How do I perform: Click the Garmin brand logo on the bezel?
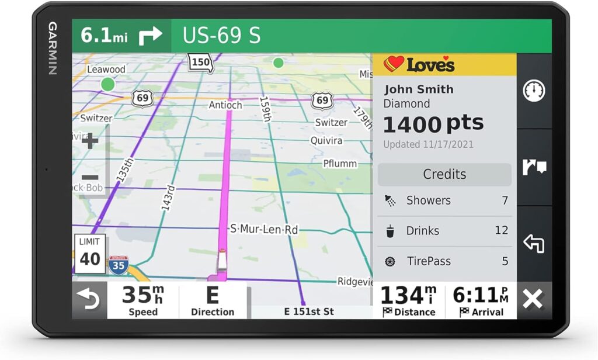[x=53, y=49]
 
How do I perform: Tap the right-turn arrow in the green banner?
[x=150, y=36]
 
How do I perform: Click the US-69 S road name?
[x=221, y=36]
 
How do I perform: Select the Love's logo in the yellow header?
[x=419, y=64]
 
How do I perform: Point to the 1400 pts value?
[x=433, y=123]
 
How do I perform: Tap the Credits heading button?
[x=444, y=174]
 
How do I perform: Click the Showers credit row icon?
[x=390, y=201]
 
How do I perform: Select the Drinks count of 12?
[x=501, y=230]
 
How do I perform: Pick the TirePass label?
[x=429, y=261]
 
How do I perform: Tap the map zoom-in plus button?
[x=90, y=141]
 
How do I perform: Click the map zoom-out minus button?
[x=90, y=178]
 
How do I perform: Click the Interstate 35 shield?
[x=119, y=265]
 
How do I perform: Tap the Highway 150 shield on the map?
[x=200, y=62]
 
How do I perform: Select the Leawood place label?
[x=106, y=70]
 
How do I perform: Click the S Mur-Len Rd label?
[x=264, y=229]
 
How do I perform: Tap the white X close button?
[x=533, y=299]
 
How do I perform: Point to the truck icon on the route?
[x=222, y=261]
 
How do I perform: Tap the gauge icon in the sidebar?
[x=534, y=91]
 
